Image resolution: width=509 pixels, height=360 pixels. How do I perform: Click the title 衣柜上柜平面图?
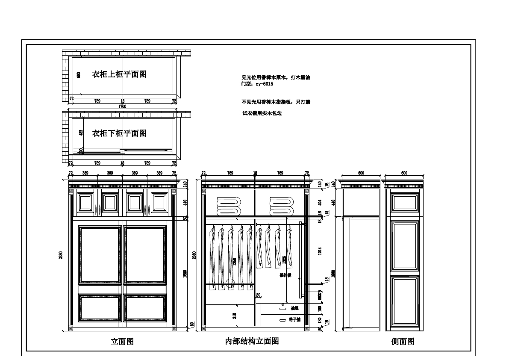point(119,74)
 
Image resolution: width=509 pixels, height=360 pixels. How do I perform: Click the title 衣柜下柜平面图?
point(119,133)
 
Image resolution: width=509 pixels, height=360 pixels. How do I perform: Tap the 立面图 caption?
point(122,342)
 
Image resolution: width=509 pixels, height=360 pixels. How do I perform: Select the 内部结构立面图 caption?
point(252,341)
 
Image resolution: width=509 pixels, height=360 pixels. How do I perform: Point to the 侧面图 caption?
point(403,342)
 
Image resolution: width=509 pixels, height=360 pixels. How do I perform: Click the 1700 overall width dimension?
point(122,106)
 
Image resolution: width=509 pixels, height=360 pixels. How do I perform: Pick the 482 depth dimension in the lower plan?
point(81,133)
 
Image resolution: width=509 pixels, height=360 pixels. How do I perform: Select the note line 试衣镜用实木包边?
point(262,113)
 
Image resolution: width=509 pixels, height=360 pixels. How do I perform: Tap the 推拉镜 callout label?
point(285,275)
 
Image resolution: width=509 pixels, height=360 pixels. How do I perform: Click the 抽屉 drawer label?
point(294,308)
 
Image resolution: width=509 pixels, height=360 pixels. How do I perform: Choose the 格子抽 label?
point(295,319)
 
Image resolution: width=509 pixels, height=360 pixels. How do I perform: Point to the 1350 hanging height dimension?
point(234,262)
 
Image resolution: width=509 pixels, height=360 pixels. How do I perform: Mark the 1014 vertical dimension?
point(320,251)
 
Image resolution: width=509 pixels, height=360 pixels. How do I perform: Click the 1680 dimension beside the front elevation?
point(185,274)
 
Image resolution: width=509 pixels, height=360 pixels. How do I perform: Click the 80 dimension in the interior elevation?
point(258,295)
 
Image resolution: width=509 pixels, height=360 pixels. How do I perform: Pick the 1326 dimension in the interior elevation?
point(284,260)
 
